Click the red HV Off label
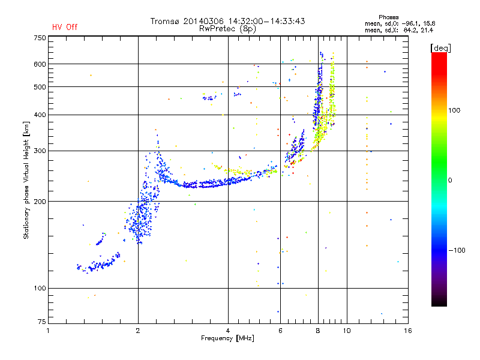click(x=65, y=27)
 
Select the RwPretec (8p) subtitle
click(x=227, y=29)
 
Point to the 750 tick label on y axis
click(x=40, y=38)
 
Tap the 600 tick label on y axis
click(x=40, y=64)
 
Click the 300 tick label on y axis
click(x=40, y=151)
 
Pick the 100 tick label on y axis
click(x=40, y=288)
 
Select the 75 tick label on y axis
click(x=42, y=322)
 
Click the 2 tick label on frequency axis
click(x=138, y=331)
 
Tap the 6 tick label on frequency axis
click(x=280, y=331)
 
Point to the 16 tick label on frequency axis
click(x=408, y=331)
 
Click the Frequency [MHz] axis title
click(x=227, y=338)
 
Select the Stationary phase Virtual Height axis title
click(x=26, y=181)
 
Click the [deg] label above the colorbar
click(x=440, y=48)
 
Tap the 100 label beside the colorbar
click(x=454, y=110)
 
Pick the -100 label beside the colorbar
click(x=457, y=250)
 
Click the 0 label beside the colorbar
click(x=450, y=181)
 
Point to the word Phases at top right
click(x=388, y=17)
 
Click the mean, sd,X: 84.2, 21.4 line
click(x=399, y=30)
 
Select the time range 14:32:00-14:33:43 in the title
click(x=266, y=21)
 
